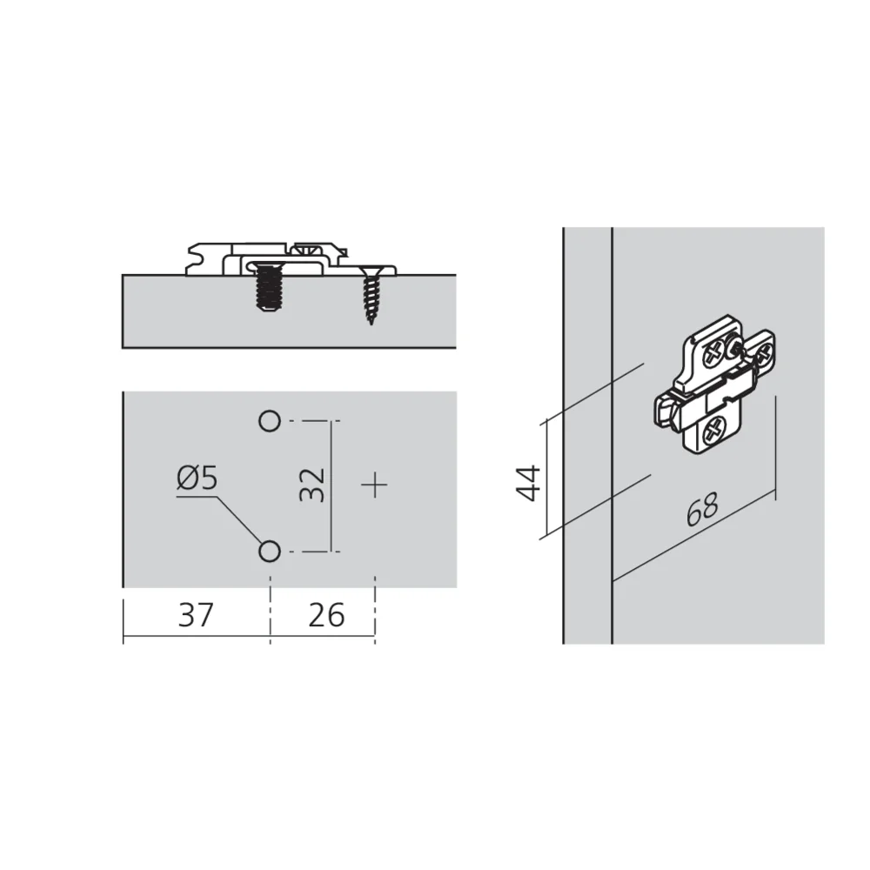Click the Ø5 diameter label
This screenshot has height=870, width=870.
(197, 478)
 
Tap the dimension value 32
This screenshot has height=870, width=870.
(311, 485)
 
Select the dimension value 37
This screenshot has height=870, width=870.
(196, 615)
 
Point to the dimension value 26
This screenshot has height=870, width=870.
(326, 615)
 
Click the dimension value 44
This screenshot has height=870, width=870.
(528, 483)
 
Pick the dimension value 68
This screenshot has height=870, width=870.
(702, 509)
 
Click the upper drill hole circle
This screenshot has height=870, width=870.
(270, 421)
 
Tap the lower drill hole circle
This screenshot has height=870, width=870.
(270, 552)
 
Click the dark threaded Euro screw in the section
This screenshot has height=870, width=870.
(269, 287)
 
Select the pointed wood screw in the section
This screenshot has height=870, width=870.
(370, 295)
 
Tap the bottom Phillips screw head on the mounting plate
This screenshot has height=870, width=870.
(714, 431)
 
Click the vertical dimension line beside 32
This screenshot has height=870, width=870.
(331, 486)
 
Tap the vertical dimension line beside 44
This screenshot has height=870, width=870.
(547, 477)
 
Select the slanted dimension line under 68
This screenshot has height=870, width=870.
(693, 535)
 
